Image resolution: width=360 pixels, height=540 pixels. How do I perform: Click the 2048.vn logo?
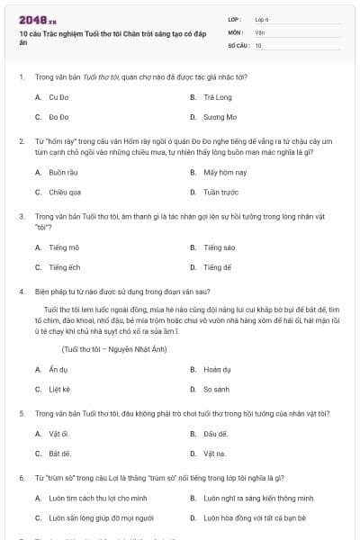tap(37, 20)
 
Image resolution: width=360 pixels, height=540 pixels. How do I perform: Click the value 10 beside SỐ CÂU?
tap(258, 44)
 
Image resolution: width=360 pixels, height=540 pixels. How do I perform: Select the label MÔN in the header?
tap(236, 31)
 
